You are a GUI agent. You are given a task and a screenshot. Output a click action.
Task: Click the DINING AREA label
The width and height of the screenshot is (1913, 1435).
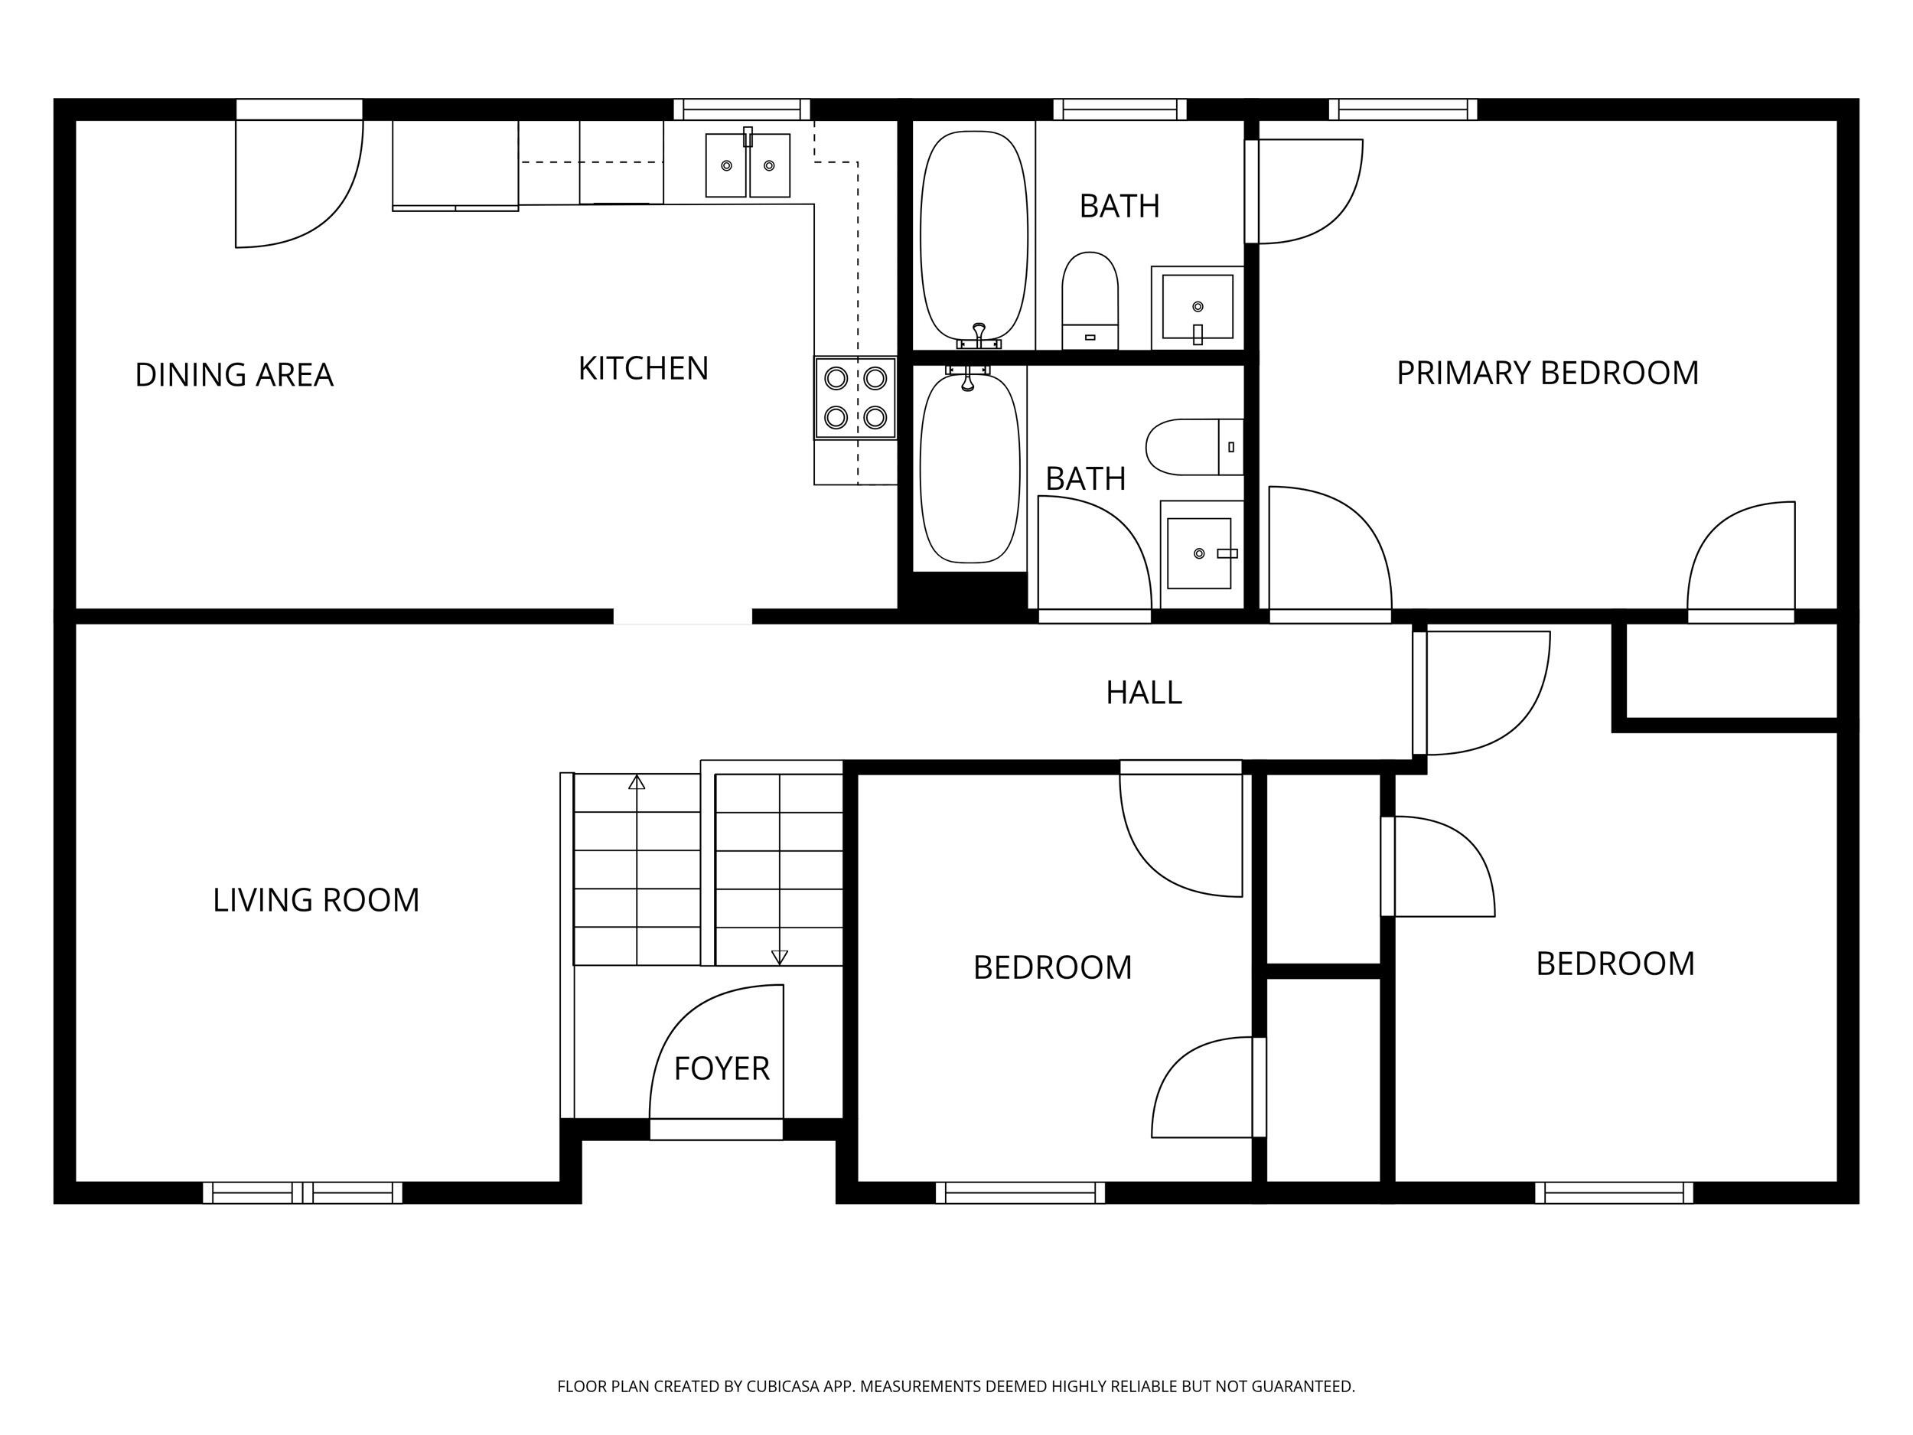coord(233,374)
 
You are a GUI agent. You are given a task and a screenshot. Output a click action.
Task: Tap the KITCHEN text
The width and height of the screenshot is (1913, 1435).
coord(643,368)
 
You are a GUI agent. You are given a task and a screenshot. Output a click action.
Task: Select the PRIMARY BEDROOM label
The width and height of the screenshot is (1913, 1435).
coord(1547,373)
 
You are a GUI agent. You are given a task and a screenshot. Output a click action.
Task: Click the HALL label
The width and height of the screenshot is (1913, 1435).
coord(1143,692)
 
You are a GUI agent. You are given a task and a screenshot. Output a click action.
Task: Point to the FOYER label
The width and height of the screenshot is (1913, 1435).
coord(722,1069)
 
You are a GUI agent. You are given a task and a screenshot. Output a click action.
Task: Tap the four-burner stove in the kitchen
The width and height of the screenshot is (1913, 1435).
coord(855,398)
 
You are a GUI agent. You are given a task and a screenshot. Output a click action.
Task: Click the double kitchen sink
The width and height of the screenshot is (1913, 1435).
coord(747,165)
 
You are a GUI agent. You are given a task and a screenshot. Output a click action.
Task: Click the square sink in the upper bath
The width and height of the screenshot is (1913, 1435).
coord(1197,307)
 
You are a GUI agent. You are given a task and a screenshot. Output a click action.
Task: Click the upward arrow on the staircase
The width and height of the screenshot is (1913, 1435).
coord(637,783)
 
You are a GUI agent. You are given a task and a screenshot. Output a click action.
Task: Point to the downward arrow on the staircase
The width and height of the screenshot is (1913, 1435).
coord(779,957)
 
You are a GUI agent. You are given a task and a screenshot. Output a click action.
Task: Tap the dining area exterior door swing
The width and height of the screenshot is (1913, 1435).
coord(298,181)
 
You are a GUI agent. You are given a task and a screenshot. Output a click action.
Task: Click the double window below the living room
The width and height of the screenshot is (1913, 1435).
coord(303,1193)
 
